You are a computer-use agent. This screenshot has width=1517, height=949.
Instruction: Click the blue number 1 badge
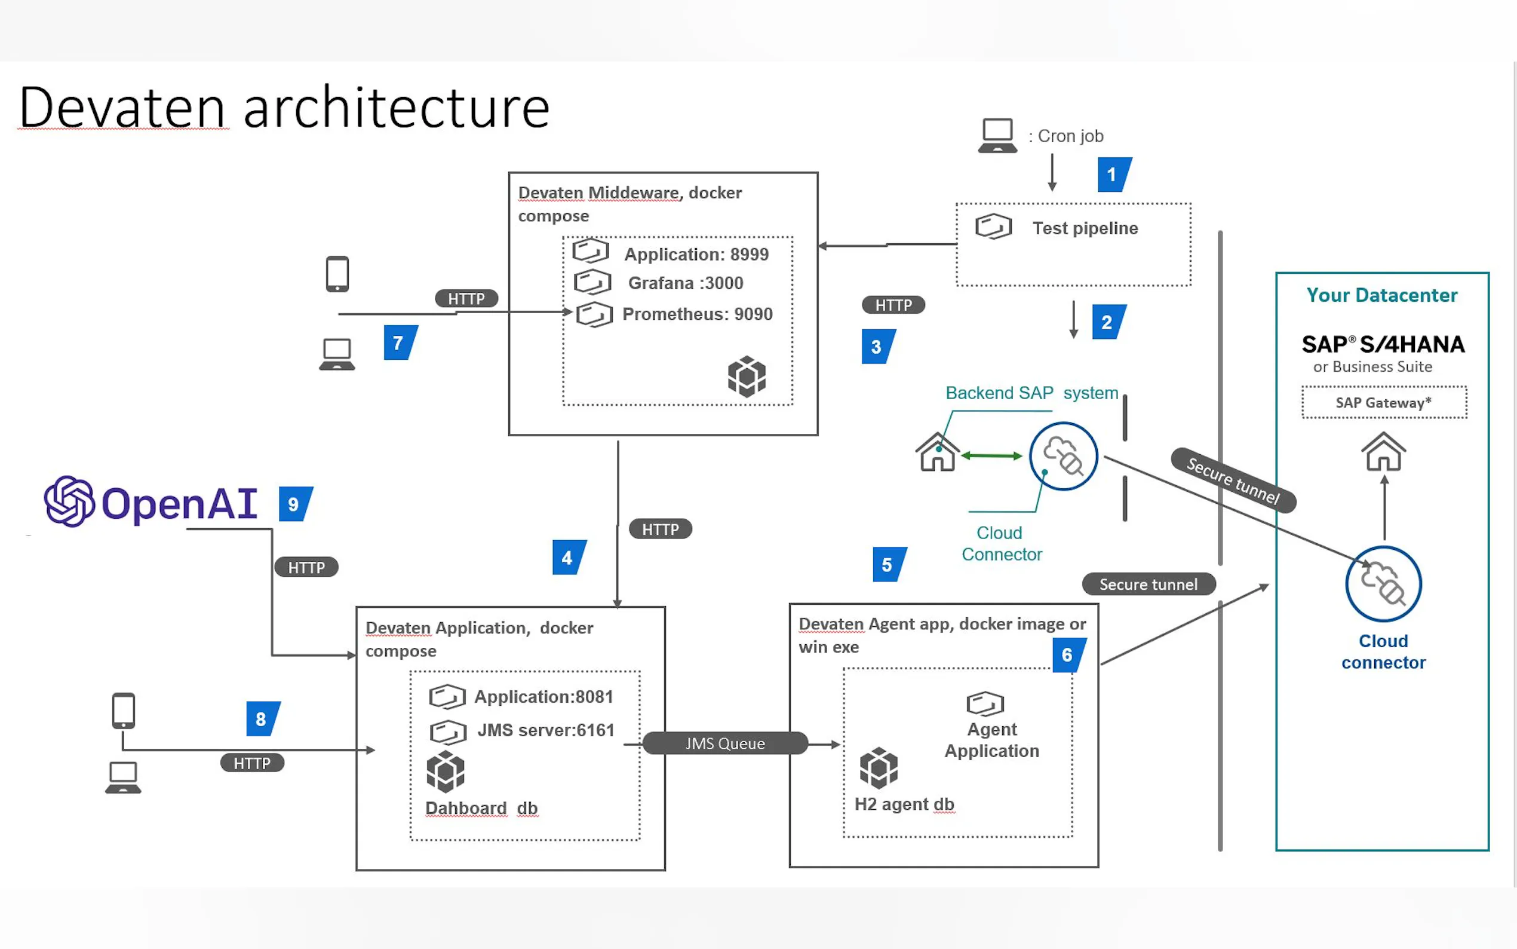click(x=1113, y=175)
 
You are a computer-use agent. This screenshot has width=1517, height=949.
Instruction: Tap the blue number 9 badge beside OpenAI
click(x=295, y=504)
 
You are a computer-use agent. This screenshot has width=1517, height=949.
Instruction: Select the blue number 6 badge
click(x=1068, y=654)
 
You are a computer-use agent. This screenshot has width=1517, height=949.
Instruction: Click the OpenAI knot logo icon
click(x=69, y=501)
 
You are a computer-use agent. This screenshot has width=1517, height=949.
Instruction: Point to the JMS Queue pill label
click(x=725, y=743)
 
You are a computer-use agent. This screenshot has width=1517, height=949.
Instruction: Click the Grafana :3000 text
click(x=685, y=283)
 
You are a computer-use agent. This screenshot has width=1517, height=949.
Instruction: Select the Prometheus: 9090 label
click(x=697, y=314)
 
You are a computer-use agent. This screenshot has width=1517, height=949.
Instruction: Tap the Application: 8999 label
click(x=696, y=254)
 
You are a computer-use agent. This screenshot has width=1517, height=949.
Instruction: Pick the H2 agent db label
click(x=904, y=804)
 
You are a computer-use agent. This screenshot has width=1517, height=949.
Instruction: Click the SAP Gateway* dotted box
click(x=1383, y=402)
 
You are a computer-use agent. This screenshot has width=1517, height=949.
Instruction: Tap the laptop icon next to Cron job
click(x=997, y=136)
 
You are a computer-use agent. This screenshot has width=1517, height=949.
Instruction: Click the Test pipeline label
click(x=1085, y=228)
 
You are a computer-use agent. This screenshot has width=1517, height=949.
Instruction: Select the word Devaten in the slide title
click(x=122, y=108)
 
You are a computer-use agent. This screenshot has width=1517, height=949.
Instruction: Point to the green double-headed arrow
click(x=991, y=455)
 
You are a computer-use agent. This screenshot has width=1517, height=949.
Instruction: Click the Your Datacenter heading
click(x=1381, y=295)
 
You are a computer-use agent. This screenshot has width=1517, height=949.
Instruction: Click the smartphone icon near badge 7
click(x=337, y=274)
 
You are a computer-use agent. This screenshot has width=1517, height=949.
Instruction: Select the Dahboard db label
click(x=481, y=808)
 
